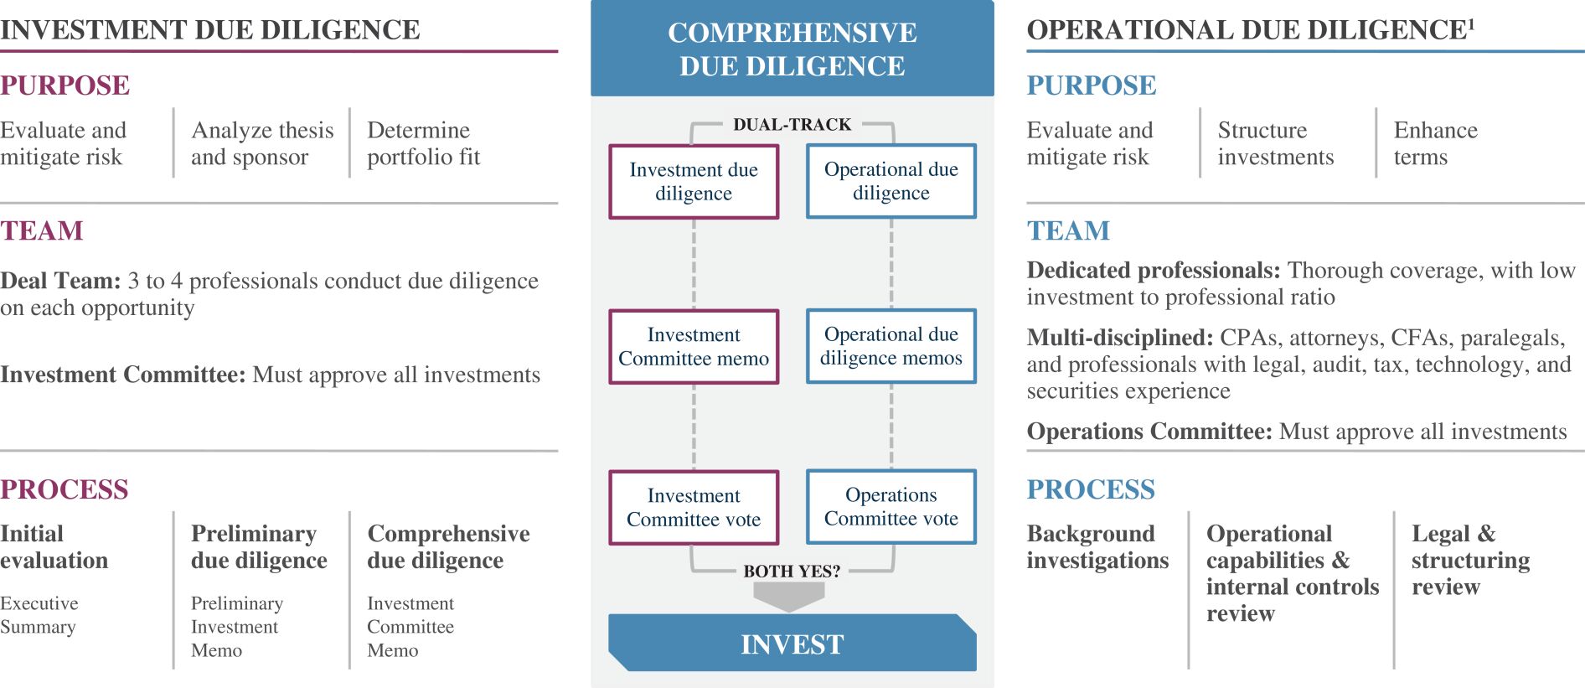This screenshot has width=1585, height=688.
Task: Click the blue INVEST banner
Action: tap(792, 644)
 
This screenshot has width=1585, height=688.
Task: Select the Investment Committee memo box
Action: tap(694, 347)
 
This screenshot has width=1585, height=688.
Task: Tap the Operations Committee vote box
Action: tap(891, 507)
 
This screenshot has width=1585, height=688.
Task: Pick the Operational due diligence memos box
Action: tap(891, 347)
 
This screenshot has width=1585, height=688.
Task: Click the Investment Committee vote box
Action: tap(694, 508)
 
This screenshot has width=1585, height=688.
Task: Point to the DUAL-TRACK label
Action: tap(792, 125)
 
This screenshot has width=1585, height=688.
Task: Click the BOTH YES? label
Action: tap(792, 572)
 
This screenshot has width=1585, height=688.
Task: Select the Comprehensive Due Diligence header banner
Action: tap(792, 49)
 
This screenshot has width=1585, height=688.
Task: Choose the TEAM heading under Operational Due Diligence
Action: tap(1068, 230)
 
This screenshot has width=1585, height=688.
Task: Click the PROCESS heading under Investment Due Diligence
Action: tap(65, 489)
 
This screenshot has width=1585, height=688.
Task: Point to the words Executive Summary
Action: tap(39, 615)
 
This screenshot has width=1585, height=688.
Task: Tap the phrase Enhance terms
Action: tap(1435, 143)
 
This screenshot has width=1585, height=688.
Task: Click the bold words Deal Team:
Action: tap(60, 281)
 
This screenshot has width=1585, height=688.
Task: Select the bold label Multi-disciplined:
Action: tap(1119, 338)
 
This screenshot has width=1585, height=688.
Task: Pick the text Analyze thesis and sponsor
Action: tap(262, 143)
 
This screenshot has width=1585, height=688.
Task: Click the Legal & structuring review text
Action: tap(1470, 560)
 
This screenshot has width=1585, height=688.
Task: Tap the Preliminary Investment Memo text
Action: tap(237, 627)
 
